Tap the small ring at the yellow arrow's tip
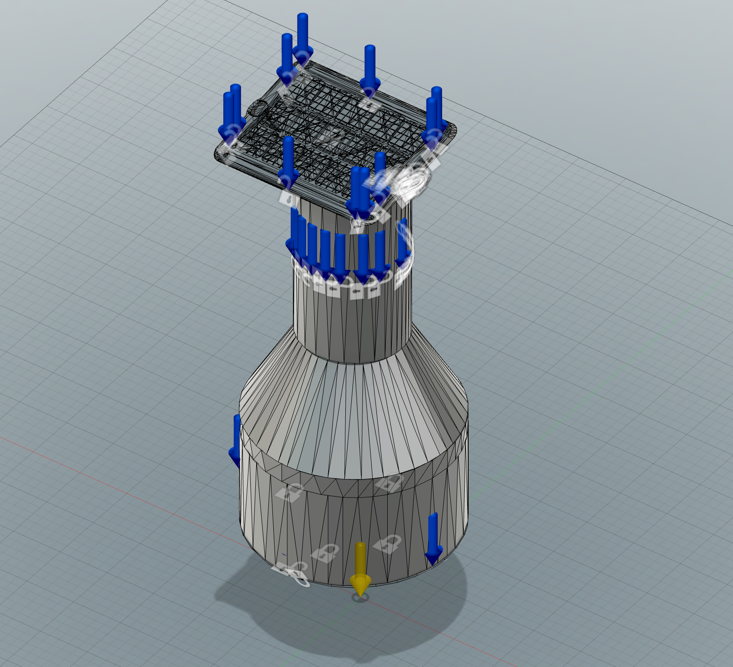tap(360, 598)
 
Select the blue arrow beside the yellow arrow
tap(433, 539)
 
